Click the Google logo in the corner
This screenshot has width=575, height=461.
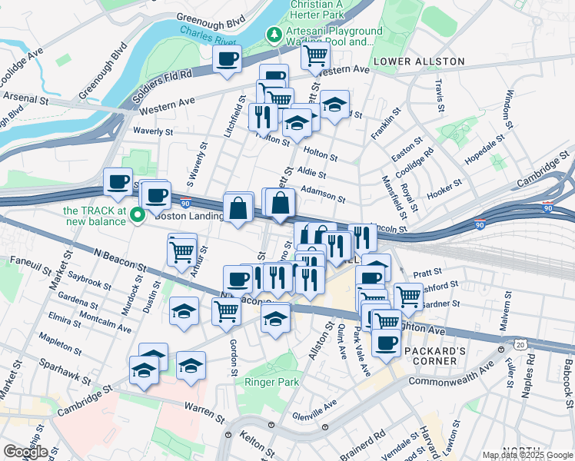pyautogui.click(x=25, y=452)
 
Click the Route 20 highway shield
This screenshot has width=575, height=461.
pyautogui.click(x=521, y=345)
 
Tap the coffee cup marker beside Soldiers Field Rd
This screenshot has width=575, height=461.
pyautogui.click(x=227, y=59)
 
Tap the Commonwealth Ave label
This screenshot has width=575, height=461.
pyautogui.click(x=450, y=376)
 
